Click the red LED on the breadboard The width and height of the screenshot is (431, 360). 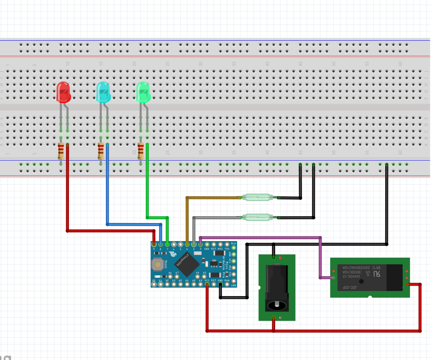point(63,92)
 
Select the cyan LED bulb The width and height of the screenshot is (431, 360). point(103,92)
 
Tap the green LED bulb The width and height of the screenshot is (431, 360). point(143,92)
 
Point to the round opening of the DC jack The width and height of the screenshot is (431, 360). point(277,305)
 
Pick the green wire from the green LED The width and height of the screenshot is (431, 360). point(147,185)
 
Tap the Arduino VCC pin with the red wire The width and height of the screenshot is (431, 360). point(207,284)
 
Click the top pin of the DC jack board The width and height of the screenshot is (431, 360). point(274,257)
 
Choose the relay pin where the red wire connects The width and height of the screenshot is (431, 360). point(407,284)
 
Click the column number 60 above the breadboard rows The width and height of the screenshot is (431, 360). point(400,64)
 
